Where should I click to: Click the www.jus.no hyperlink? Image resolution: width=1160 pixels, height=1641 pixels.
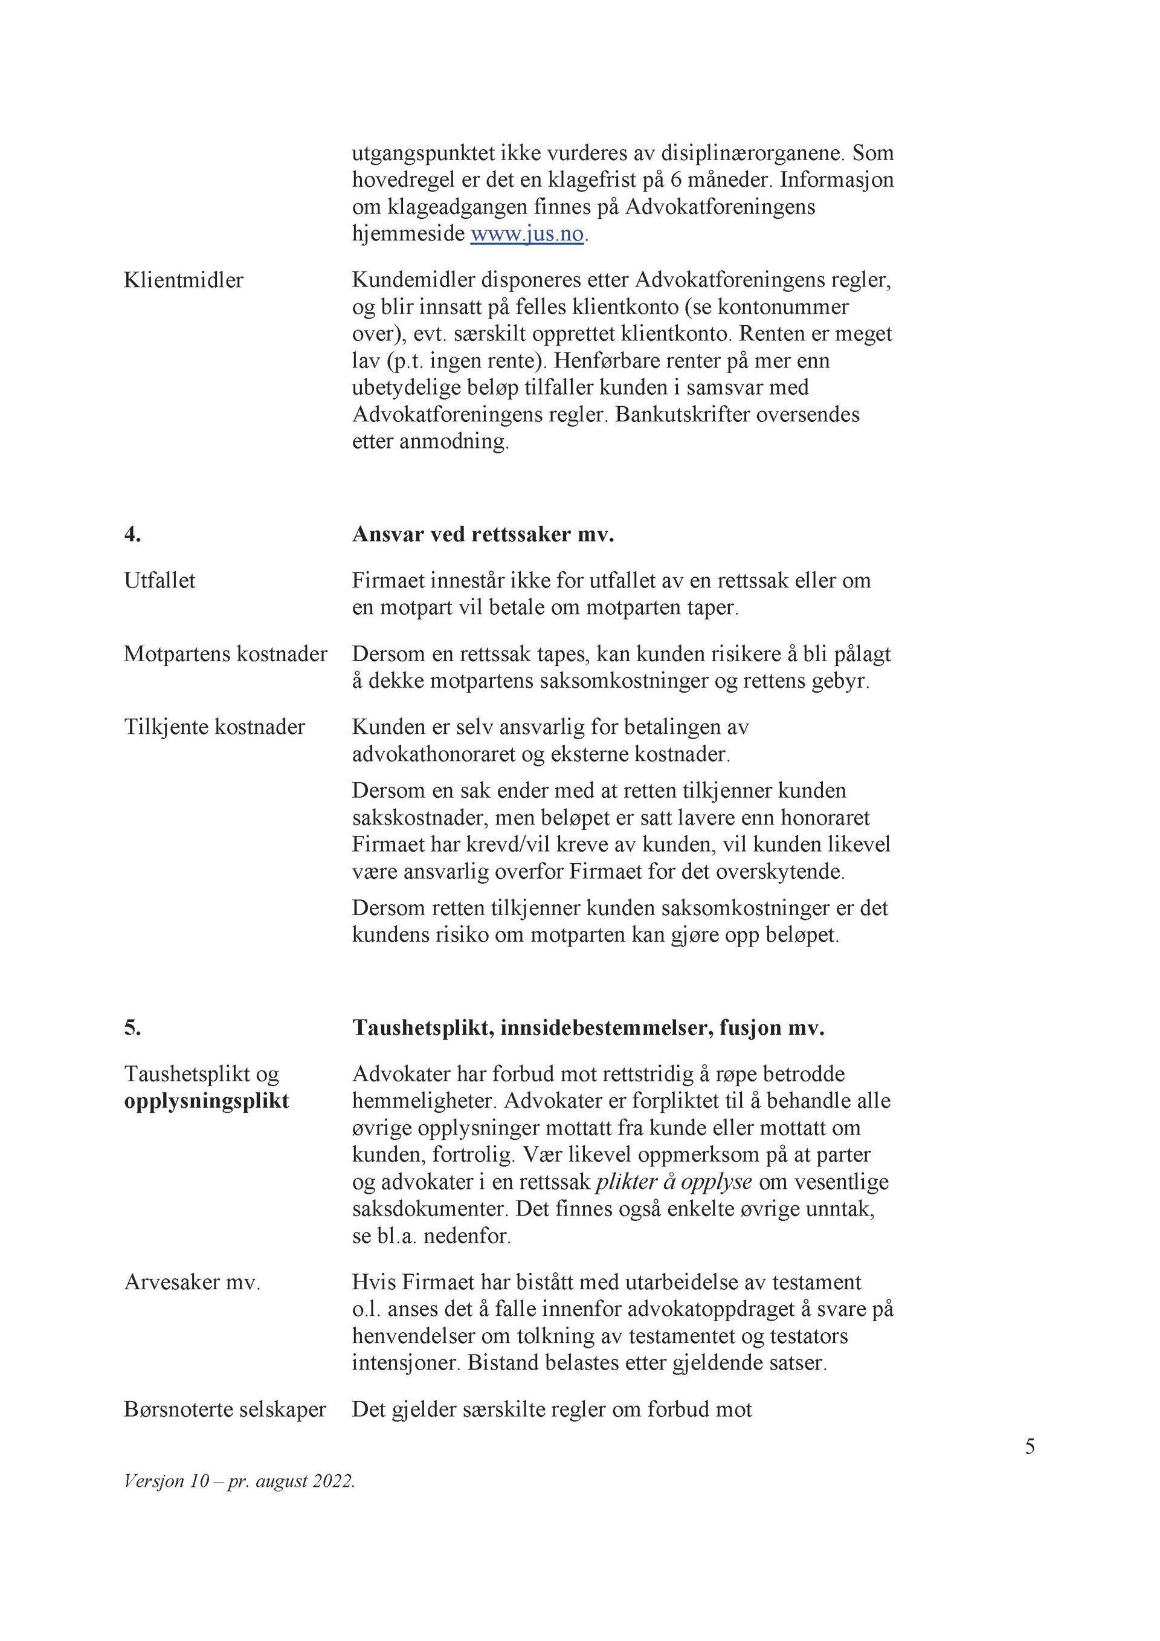tap(527, 234)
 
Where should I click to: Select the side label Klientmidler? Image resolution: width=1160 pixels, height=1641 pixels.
tap(184, 280)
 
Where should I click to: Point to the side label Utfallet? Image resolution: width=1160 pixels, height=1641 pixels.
tap(159, 580)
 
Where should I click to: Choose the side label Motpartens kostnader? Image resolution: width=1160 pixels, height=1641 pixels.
tap(225, 654)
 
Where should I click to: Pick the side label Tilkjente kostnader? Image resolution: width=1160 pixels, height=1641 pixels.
tap(214, 727)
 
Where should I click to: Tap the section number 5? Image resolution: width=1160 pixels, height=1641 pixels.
tap(132, 1028)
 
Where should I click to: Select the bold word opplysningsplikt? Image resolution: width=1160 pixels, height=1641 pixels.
tap(207, 1101)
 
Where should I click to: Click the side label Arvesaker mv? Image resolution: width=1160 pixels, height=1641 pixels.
tap(192, 1282)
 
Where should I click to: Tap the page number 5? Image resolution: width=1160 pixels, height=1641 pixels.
tap(1029, 1446)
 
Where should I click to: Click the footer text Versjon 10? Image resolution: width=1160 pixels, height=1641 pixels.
tap(166, 1481)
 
